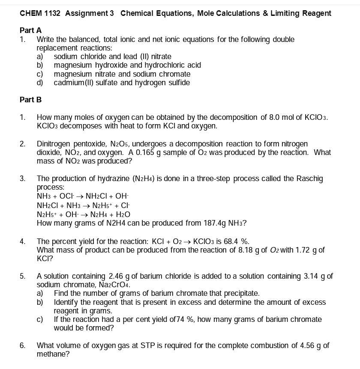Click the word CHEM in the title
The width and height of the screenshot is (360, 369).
30,13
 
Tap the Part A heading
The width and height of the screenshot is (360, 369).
31,30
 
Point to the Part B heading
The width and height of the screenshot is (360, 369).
31,100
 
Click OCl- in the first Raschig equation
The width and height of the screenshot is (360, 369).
67,196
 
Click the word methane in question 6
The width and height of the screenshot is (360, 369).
51,354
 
